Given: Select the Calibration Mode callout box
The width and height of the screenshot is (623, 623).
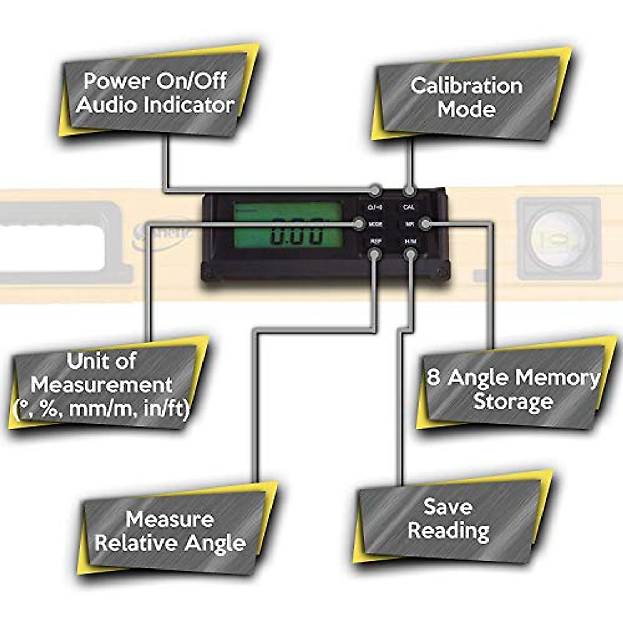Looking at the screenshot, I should point(466,97).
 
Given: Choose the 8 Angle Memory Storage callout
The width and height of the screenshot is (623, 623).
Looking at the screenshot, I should point(512,389).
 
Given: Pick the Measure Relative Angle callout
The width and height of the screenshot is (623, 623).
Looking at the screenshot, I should point(170,531).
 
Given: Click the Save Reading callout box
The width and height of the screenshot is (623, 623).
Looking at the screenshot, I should point(448,519).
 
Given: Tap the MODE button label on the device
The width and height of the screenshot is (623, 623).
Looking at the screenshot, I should point(375,224).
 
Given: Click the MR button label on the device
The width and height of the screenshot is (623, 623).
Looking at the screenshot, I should point(410,224).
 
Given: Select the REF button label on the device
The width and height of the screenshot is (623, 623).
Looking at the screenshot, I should point(375,241).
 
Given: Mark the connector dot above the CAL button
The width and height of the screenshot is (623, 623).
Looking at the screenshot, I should point(410,191).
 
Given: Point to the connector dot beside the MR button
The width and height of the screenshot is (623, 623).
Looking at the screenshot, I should point(425,224).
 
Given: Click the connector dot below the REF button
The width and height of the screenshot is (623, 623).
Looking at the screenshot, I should point(374,254).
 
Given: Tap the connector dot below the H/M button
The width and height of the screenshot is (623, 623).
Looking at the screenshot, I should point(410,254).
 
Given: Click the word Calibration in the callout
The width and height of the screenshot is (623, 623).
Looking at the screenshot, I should point(466,86).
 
